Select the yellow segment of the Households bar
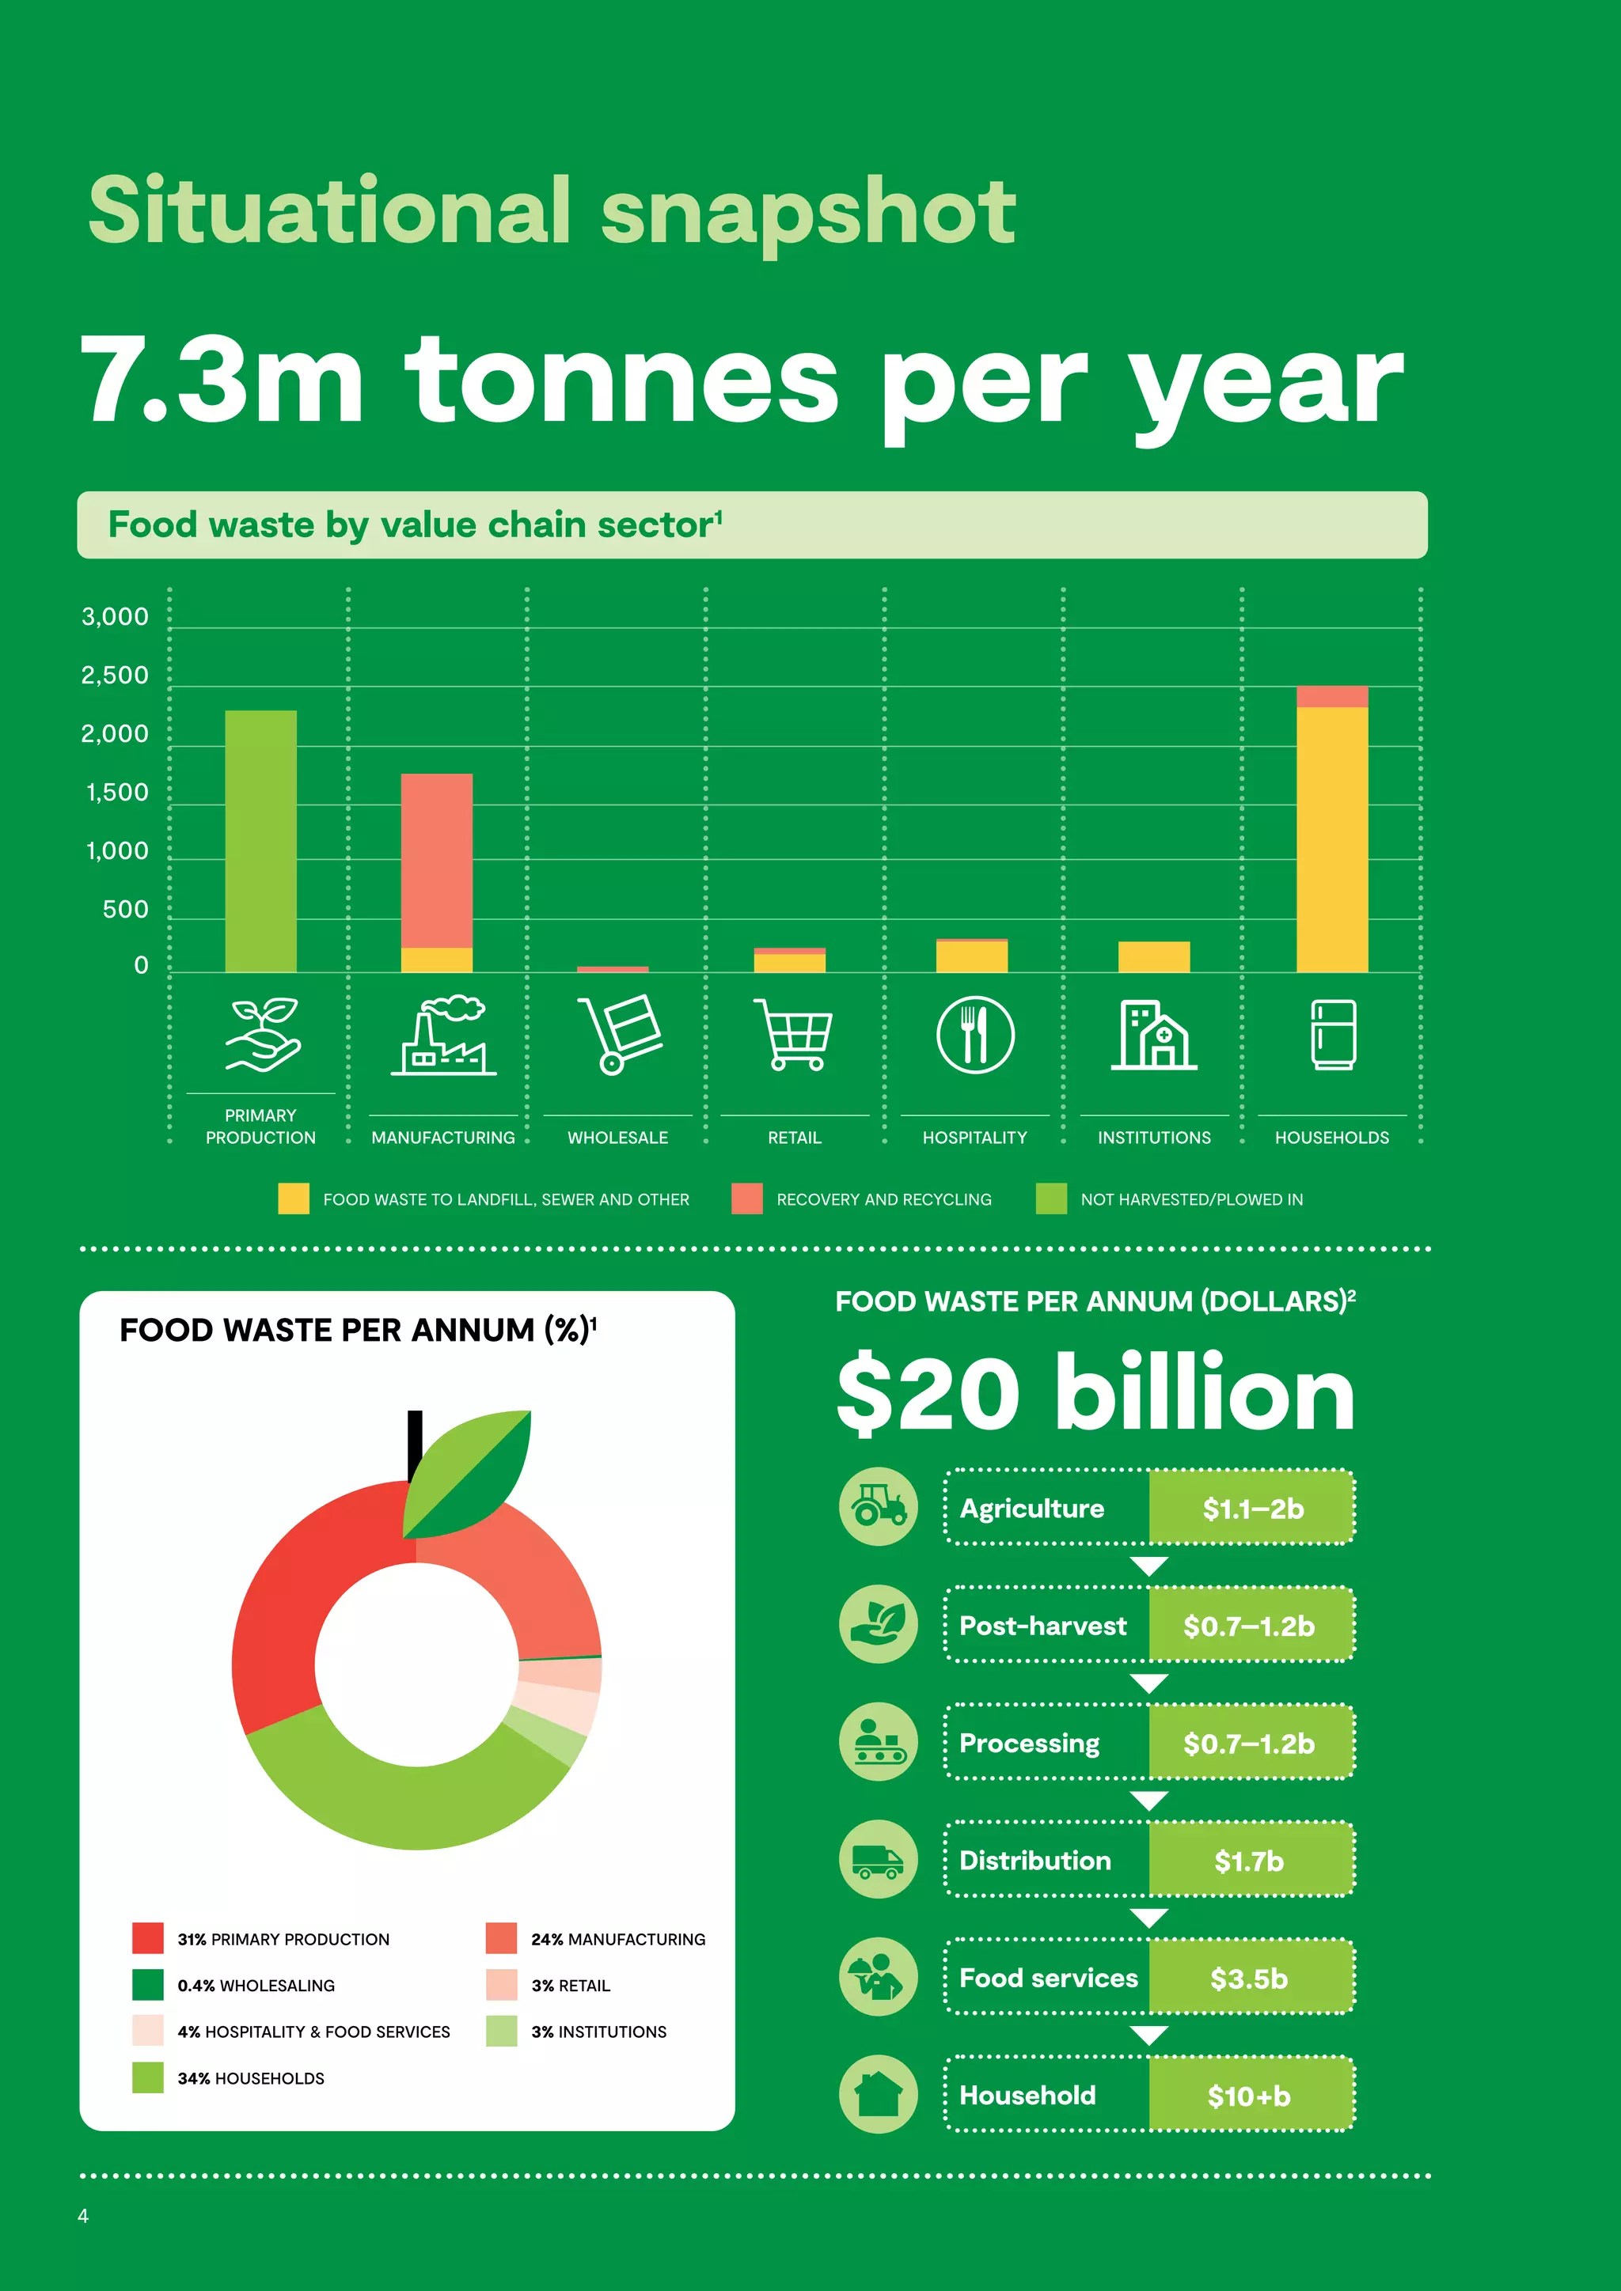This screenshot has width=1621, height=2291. point(1331,839)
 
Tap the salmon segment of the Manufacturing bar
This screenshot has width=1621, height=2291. point(436,860)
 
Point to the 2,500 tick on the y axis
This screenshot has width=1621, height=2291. point(115,676)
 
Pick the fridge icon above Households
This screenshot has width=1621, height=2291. point(1333,1034)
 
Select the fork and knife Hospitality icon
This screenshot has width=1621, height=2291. point(974,1035)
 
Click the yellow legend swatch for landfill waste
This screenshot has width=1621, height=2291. point(294,1199)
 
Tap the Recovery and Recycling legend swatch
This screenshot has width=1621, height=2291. point(746,1199)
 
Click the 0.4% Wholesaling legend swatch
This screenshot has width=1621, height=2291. point(148,1985)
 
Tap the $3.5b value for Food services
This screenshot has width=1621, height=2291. point(1249,1978)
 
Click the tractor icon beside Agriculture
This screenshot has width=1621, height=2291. point(877,1507)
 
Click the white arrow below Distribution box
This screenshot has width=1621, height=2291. point(1149,1918)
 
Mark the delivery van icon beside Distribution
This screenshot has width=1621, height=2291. point(877,1860)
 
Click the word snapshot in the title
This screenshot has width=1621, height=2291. point(807,211)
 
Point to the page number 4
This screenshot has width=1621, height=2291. point(83,2215)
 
